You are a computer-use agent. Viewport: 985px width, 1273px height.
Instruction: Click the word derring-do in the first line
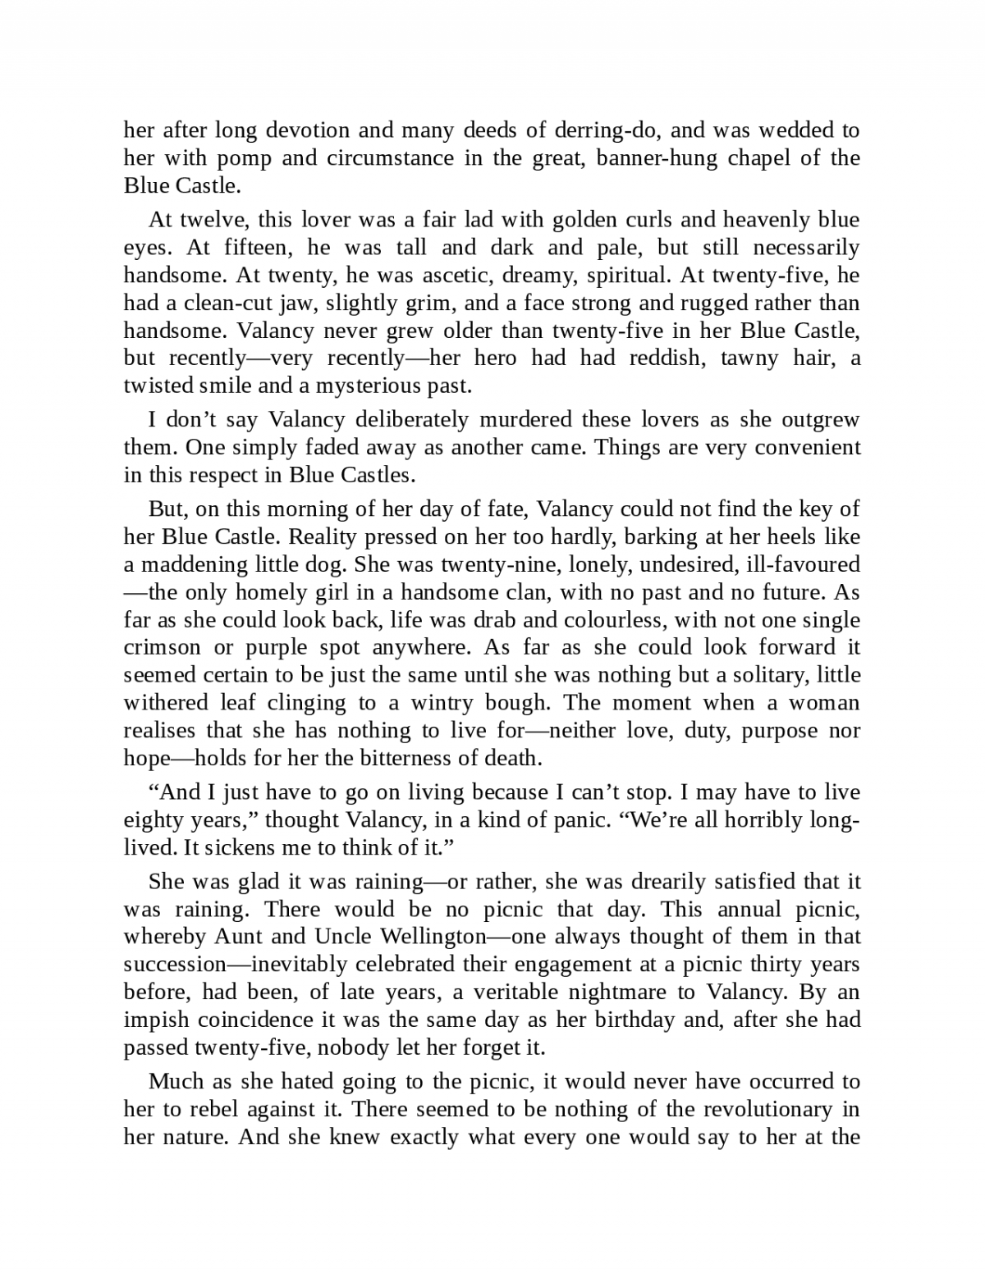603,130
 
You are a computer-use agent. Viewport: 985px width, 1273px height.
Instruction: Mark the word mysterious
372,386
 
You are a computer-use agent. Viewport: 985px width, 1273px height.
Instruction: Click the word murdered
525,420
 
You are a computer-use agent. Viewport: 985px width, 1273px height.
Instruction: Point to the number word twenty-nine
493,564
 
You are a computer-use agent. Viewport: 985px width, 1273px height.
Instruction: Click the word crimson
162,647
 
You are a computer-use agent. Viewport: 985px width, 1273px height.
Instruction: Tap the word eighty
150,819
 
